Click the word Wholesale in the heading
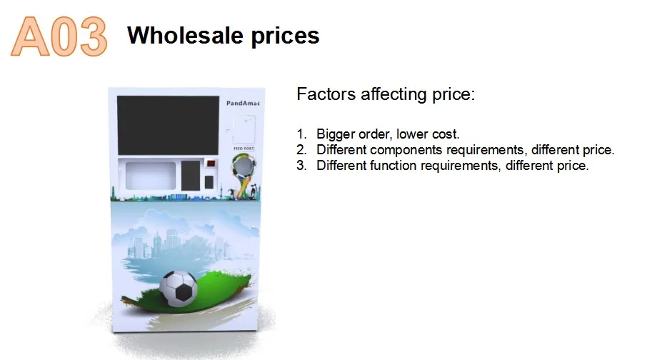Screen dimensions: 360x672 point(182,36)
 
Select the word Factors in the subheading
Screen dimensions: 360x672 point(324,95)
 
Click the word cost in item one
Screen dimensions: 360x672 point(443,134)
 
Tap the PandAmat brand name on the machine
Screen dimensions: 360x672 point(243,104)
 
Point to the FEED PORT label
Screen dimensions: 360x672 point(243,149)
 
